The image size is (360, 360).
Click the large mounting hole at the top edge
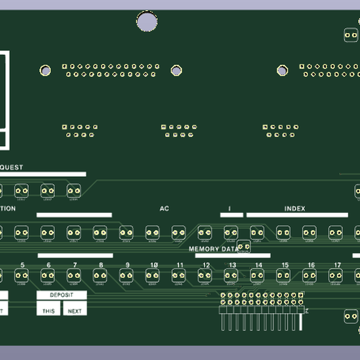[147, 22]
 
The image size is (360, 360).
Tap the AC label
[164, 209]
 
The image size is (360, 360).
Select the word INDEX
[295, 209]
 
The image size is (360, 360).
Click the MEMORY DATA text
[213, 248]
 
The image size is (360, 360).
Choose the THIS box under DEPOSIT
[49, 310]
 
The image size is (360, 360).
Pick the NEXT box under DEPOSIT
[75, 310]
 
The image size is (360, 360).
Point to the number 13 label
[232, 265]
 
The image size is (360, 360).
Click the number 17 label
[337, 265]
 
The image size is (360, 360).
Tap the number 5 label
[22, 265]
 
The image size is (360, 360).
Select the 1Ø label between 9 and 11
[154, 265]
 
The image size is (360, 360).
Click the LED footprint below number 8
[100, 275]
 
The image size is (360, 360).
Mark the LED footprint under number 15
[284, 275]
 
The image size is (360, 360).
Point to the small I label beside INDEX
[230, 209]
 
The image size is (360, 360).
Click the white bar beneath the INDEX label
[297, 215]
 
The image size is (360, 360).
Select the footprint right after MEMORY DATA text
[244, 246]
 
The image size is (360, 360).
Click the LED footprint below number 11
[179, 275]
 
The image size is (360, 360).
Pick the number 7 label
[75, 265]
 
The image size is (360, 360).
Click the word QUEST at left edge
[11, 167]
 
